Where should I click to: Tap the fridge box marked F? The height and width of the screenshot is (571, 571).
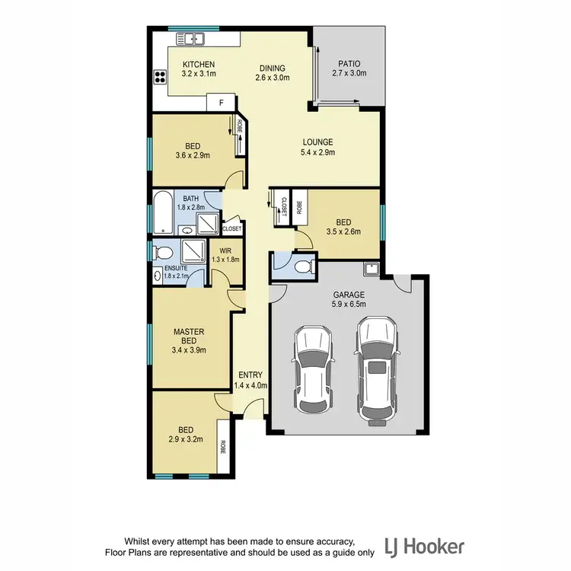click(x=222, y=102)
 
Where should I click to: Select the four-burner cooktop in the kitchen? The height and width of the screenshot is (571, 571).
click(x=161, y=75)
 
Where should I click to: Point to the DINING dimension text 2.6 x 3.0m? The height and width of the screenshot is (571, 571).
click(x=271, y=77)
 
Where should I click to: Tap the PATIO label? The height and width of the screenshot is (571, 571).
click(x=349, y=64)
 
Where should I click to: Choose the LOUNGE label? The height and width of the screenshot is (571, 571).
click(x=318, y=142)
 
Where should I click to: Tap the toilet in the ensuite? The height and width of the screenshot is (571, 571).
click(x=161, y=252)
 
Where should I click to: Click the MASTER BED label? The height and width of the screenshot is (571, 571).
click(x=186, y=337)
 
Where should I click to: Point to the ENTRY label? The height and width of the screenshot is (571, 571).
click(x=250, y=375)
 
